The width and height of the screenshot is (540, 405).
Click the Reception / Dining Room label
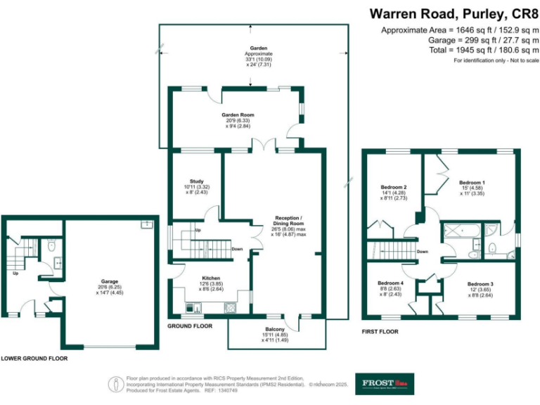point(288,218)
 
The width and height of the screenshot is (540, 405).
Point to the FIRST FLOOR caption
point(380,329)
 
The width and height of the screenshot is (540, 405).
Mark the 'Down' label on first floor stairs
point(422,251)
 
